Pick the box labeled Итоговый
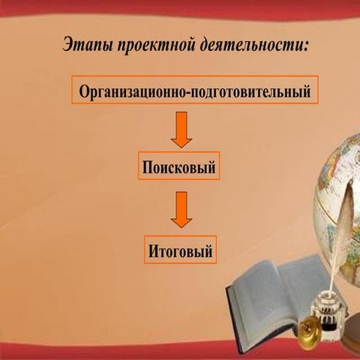pyautogui.click(x=180, y=250)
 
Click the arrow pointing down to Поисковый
pyautogui.click(x=181, y=131)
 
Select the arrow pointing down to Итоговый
pyautogui.click(x=181, y=210)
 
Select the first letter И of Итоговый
pyautogui.click(x=152, y=250)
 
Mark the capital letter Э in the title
pyautogui.click(x=68, y=44)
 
